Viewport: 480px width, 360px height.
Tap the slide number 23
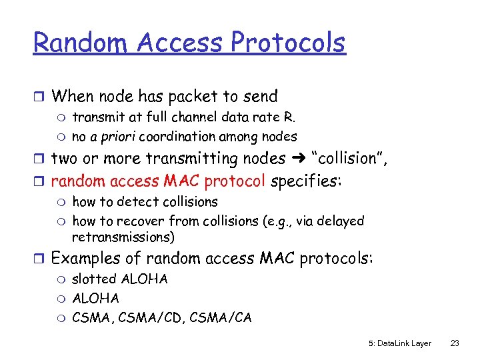(x=455, y=343)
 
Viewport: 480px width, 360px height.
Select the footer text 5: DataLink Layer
(x=399, y=343)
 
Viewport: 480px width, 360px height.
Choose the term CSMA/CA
(x=221, y=317)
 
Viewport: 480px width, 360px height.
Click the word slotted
(x=94, y=279)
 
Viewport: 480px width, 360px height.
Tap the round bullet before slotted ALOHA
(x=60, y=279)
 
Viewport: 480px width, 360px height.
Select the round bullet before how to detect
(x=60, y=202)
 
